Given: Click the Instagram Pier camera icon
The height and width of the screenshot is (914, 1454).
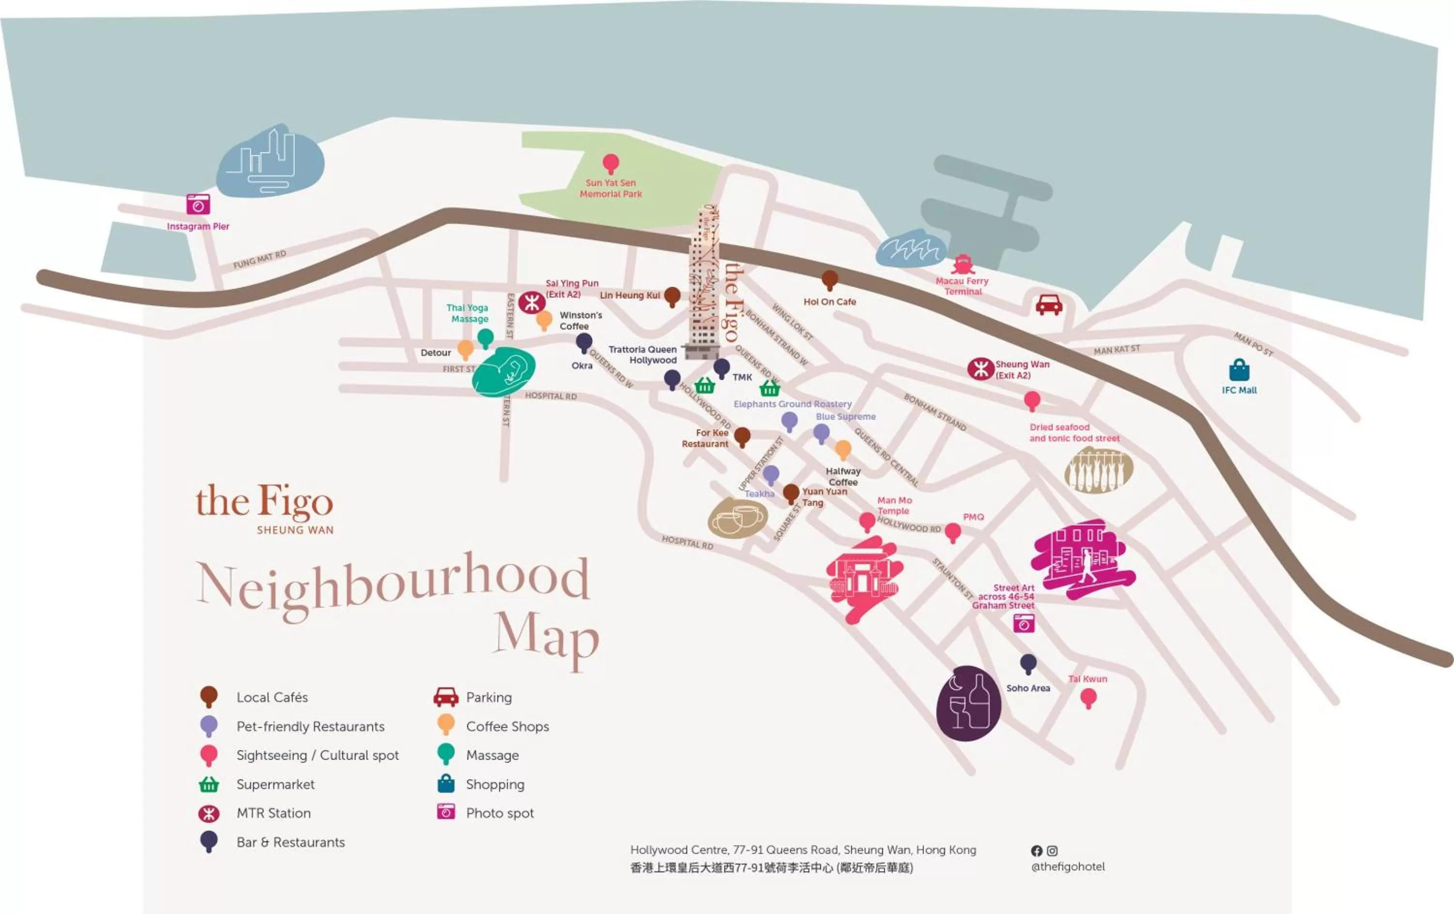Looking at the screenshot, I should (198, 205).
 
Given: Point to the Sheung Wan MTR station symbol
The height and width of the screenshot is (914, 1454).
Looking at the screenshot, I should (980, 368).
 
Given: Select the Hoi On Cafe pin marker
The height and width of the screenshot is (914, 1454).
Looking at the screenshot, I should (830, 280).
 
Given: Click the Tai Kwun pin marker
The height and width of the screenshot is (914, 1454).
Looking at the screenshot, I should (1088, 698).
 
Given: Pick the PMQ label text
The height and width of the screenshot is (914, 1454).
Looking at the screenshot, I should (973, 517).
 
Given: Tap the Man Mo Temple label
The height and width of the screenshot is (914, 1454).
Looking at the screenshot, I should (894, 505).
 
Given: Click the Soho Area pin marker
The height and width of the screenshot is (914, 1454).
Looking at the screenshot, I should (1028, 664).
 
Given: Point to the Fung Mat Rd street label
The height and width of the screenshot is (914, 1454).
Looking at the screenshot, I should (260, 259).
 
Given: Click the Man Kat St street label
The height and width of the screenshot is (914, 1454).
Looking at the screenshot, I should (1117, 349).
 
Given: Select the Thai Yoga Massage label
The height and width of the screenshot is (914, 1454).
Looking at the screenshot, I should (468, 314).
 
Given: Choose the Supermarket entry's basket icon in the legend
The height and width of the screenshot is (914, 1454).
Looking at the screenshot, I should (209, 784).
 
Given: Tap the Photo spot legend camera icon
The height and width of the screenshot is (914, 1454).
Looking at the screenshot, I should (445, 811).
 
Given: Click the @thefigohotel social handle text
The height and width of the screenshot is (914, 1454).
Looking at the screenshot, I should (1068, 867).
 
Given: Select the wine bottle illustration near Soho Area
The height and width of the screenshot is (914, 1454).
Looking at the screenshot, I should (968, 703).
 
